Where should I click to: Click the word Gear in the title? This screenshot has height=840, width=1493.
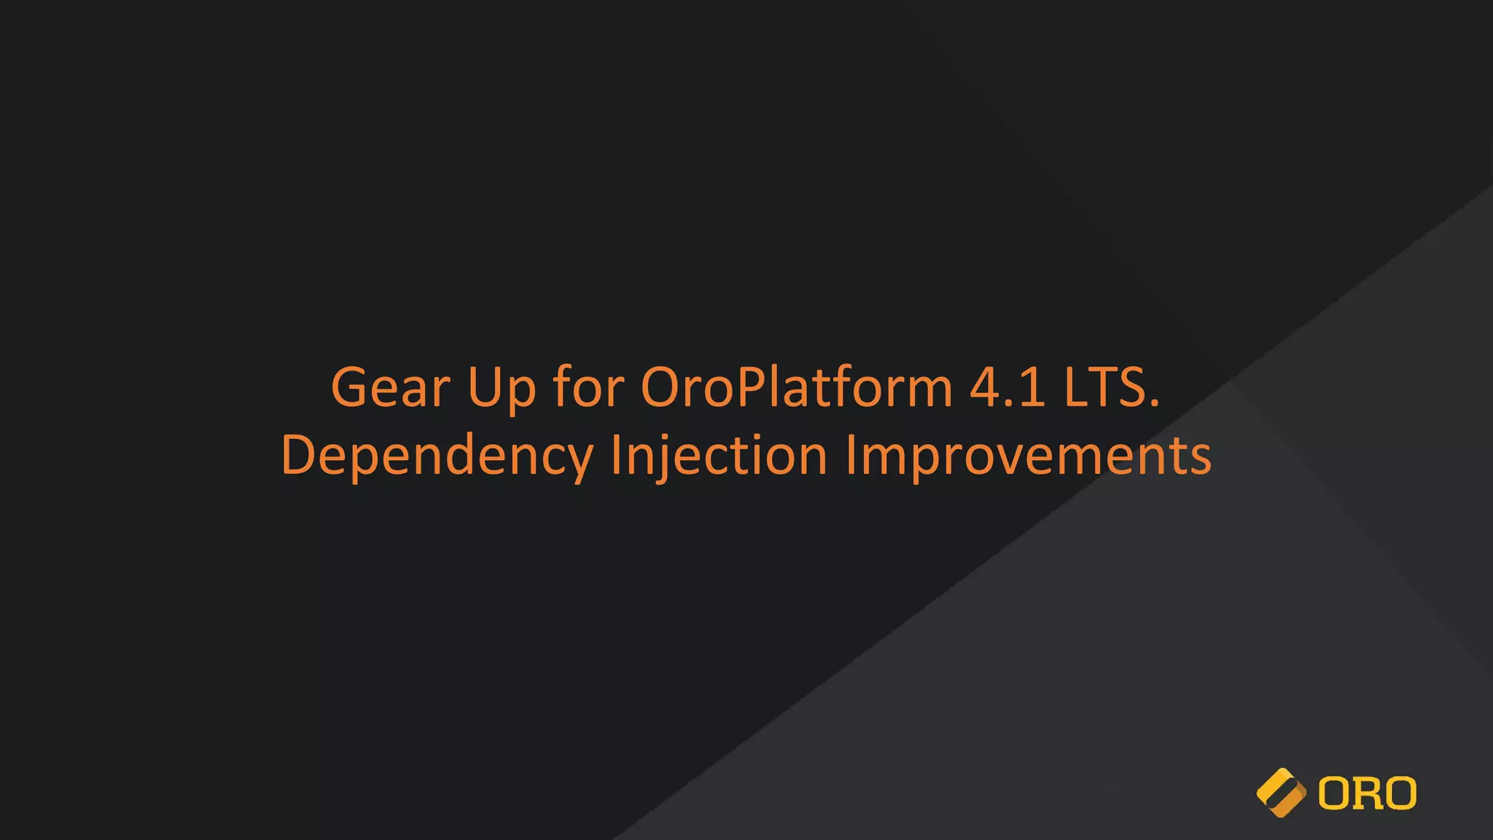pos(390,387)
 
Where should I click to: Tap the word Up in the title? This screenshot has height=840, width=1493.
pos(502,387)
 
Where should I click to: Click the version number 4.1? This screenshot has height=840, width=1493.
pos(1007,387)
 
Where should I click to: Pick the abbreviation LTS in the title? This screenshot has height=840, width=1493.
pos(1104,387)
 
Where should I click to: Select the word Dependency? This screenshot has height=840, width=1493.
pos(437,456)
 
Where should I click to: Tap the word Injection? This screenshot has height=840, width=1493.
pos(719,456)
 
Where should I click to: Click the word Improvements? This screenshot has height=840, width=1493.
pos(1028,456)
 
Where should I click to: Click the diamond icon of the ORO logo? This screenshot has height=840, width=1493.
pos(1281,793)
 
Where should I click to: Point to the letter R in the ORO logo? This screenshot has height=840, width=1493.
pos(1368,793)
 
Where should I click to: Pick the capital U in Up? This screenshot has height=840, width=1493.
pos(484,387)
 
